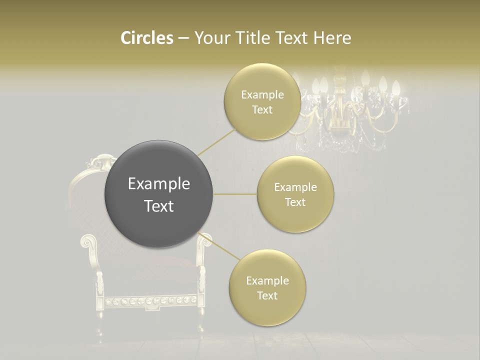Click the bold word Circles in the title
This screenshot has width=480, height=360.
(x=146, y=38)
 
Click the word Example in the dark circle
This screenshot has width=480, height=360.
(x=159, y=184)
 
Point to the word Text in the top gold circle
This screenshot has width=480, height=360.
(x=262, y=110)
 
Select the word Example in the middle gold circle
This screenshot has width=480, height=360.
(x=295, y=187)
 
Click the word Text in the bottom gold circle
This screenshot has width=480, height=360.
(x=267, y=295)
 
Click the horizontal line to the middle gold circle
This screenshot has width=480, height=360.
(x=235, y=194)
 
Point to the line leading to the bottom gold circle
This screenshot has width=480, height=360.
(x=220, y=247)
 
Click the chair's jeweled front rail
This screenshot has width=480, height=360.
(x=150, y=301)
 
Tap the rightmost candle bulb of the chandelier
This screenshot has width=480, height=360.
(x=395, y=89)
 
